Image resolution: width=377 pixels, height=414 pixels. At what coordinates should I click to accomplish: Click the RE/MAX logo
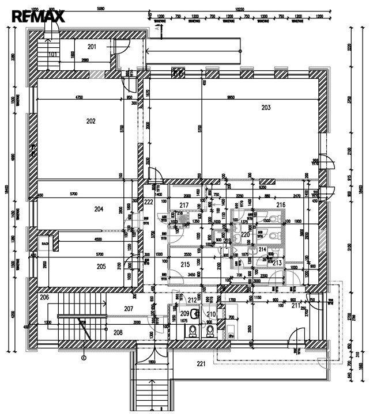click(x=38, y=17)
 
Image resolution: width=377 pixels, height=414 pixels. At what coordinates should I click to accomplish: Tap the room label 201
click(x=92, y=46)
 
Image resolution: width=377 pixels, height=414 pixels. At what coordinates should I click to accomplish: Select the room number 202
click(x=91, y=121)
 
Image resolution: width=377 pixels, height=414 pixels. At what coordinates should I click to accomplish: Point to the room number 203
click(x=266, y=108)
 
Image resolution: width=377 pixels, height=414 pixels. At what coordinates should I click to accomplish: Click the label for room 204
click(x=99, y=209)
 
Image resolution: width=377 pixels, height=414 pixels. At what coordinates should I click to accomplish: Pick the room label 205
click(x=101, y=267)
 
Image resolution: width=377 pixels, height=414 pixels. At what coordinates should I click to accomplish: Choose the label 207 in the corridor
click(x=129, y=309)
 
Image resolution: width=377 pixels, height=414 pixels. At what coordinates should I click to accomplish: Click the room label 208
click(x=118, y=332)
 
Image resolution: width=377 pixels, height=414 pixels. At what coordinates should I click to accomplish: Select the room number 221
click(x=201, y=363)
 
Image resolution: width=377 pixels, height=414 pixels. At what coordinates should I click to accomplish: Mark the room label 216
click(x=281, y=204)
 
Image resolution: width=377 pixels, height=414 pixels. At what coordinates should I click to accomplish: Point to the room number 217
click(x=184, y=206)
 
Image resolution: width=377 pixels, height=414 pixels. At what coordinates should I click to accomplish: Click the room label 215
click(x=185, y=264)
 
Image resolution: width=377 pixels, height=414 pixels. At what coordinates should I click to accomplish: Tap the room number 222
click(x=149, y=202)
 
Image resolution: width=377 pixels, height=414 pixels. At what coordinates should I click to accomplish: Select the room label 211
click(x=297, y=305)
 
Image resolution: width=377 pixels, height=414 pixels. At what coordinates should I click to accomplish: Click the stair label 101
click(x=52, y=54)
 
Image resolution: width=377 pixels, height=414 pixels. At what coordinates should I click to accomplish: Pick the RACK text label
click(x=45, y=244)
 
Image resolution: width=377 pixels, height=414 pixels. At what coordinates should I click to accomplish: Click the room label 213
click(x=277, y=263)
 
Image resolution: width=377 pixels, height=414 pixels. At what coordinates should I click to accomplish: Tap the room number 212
click(x=193, y=300)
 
